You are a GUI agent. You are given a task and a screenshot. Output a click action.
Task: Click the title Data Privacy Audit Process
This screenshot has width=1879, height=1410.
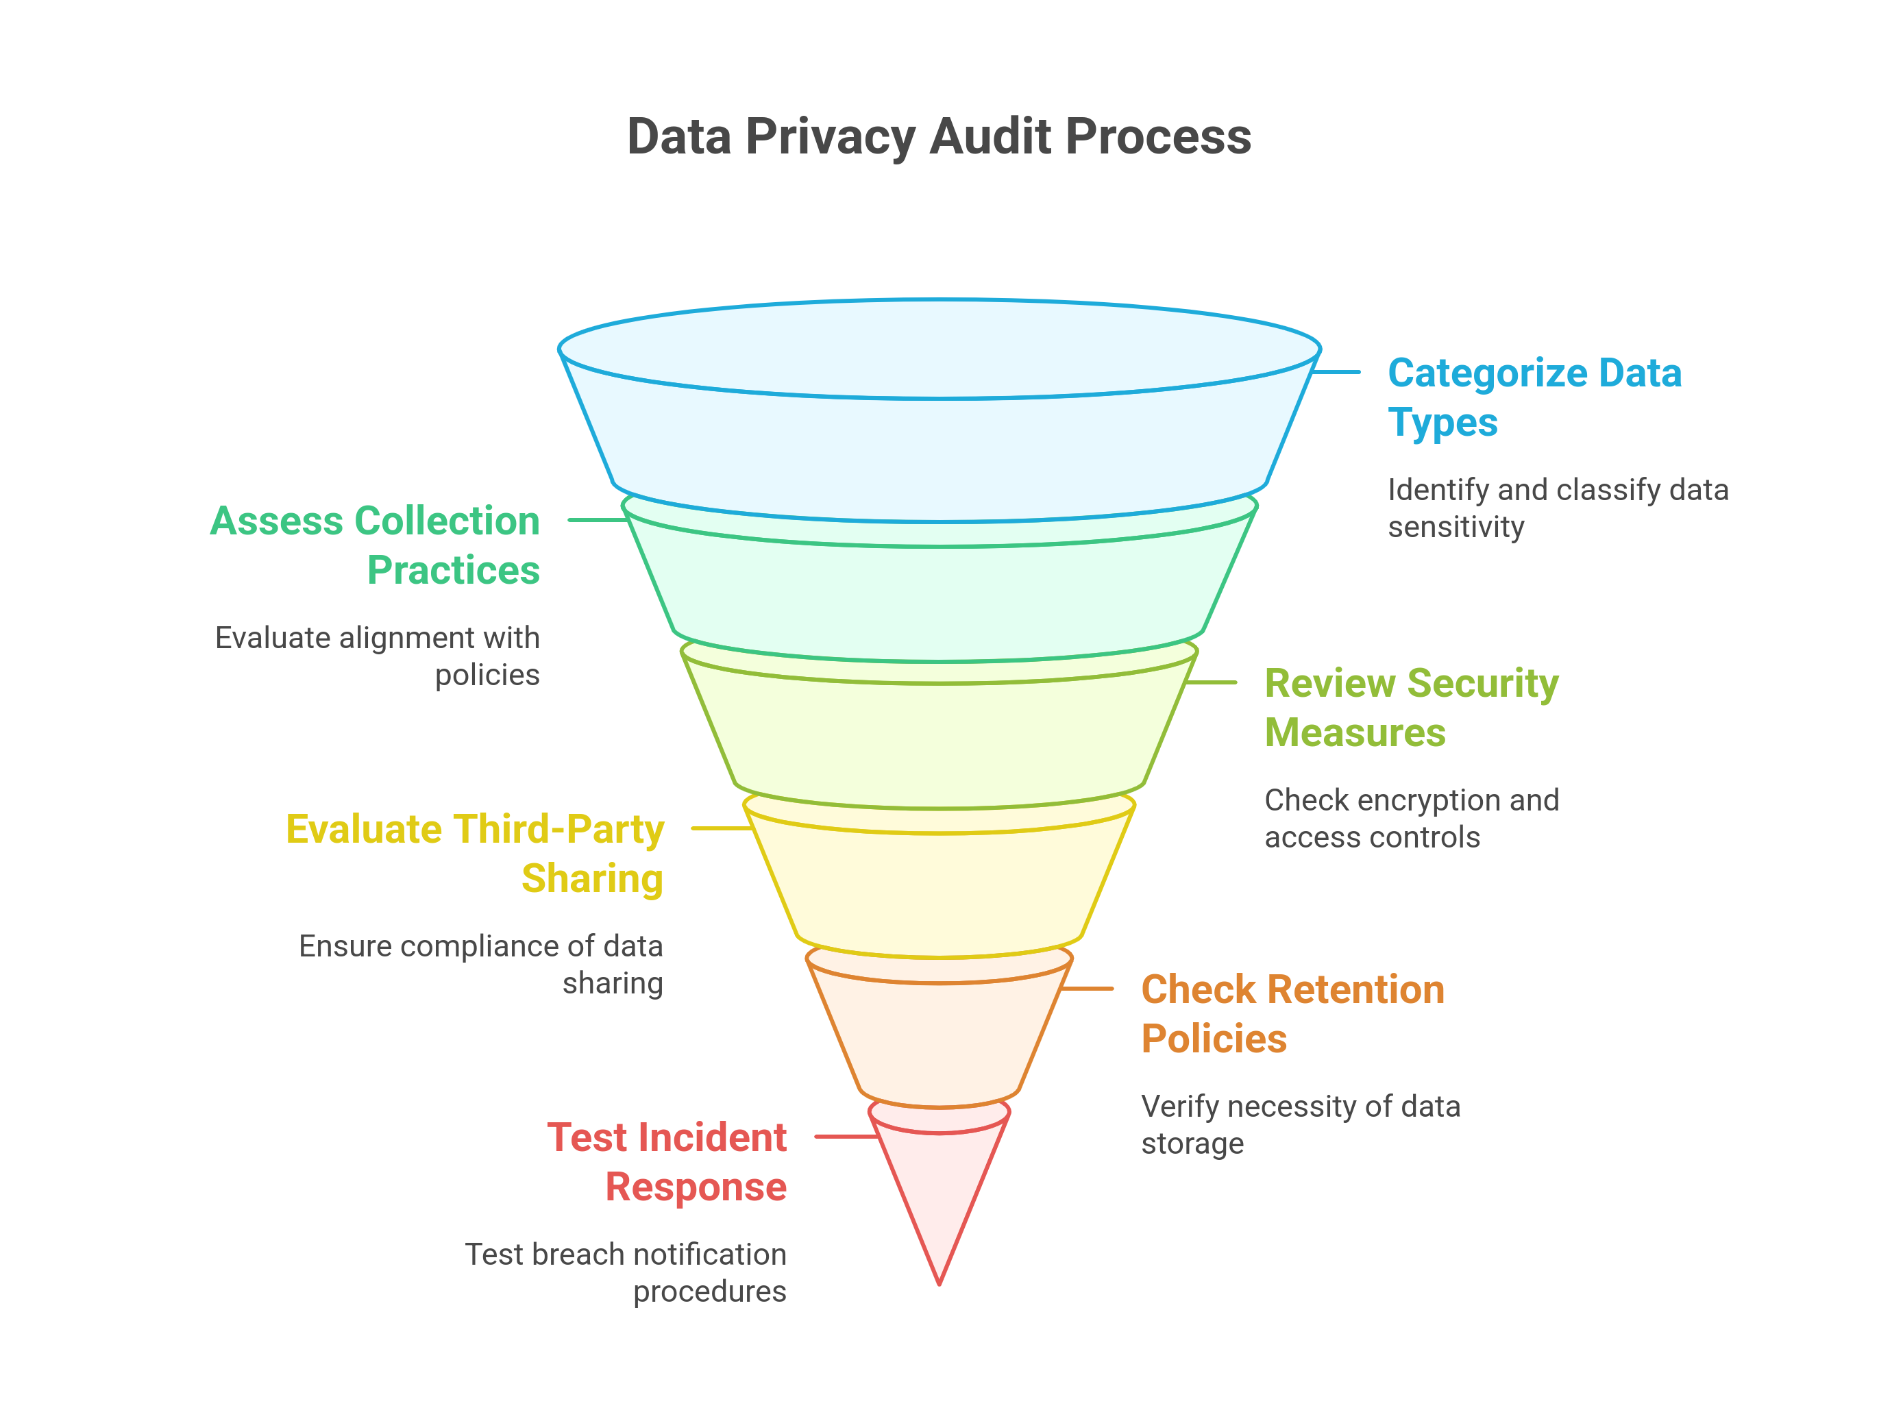pyautogui.click(x=939, y=137)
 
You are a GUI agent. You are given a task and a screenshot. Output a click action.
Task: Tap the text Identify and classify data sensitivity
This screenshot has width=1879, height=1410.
pyautogui.click(x=1557, y=508)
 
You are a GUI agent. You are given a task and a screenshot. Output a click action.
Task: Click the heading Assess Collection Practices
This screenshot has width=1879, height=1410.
pyautogui.click(x=375, y=545)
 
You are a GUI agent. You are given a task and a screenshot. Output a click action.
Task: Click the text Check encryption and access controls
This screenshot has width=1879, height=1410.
pyautogui.click(x=1411, y=818)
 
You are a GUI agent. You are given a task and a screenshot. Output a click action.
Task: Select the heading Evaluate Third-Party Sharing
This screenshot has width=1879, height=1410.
pyautogui.click(x=475, y=853)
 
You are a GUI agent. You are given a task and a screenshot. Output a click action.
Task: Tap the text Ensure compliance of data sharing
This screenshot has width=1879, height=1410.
pyautogui.click(x=481, y=964)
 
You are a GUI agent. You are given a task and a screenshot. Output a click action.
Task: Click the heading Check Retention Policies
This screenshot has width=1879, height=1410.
pyautogui.click(x=1292, y=1013)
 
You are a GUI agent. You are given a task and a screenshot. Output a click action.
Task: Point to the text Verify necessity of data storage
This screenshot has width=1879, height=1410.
pyautogui.click(x=1300, y=1124)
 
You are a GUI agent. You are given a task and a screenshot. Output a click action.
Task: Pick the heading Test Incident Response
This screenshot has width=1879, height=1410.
pyautogui.click(x=667, y=1161)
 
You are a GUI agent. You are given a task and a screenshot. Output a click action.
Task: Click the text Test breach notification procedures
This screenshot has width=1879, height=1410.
pyautogui.click(x=626, y=1272)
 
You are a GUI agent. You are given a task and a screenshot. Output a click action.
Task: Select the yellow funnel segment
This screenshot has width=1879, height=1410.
pyautogui.click(x=939, y=892)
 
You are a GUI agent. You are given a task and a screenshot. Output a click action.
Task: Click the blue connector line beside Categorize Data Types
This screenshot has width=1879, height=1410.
pyautogui.click(x=1337, y=372)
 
